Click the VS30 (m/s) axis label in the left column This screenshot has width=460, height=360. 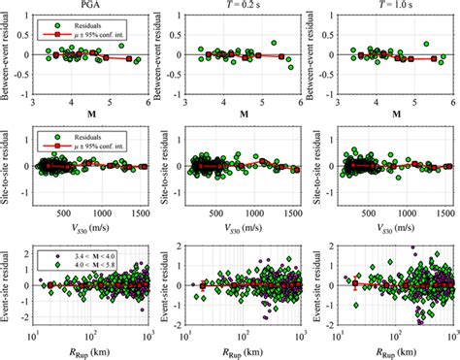pos(90,230)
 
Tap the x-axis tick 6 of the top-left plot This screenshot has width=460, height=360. pos(147,101)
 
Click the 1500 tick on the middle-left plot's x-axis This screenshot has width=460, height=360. pos(140,216)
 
